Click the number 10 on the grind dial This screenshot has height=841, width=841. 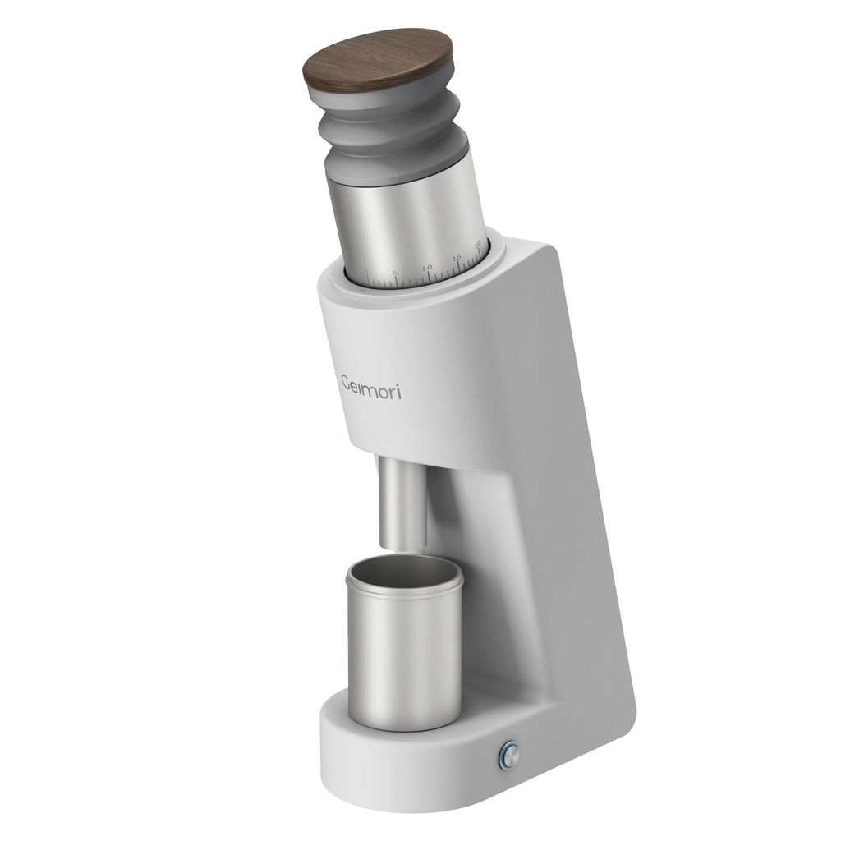click(x=427, y=268)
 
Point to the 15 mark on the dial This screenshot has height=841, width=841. click(x=457, y=258)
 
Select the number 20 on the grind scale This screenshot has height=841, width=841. click(x=478, y=244)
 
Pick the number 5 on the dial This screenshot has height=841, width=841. click(x=395, y=273)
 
